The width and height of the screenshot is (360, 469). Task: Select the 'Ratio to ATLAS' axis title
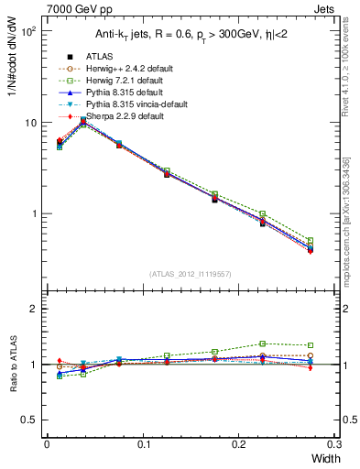pyautogui.click(x=12, y=366)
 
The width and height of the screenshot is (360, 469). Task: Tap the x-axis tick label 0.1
pyautogui.click(x=143, y=443)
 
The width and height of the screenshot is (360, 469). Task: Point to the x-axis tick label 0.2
pyautogui.click(x=240, y=443)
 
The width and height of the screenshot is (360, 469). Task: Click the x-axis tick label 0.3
pyautogui.click(x=335, y=443)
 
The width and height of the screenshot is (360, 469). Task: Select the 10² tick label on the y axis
pyautogui.click(x=28, y=31)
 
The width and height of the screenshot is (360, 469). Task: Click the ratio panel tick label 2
pyautogui.click(x=33, y=309)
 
